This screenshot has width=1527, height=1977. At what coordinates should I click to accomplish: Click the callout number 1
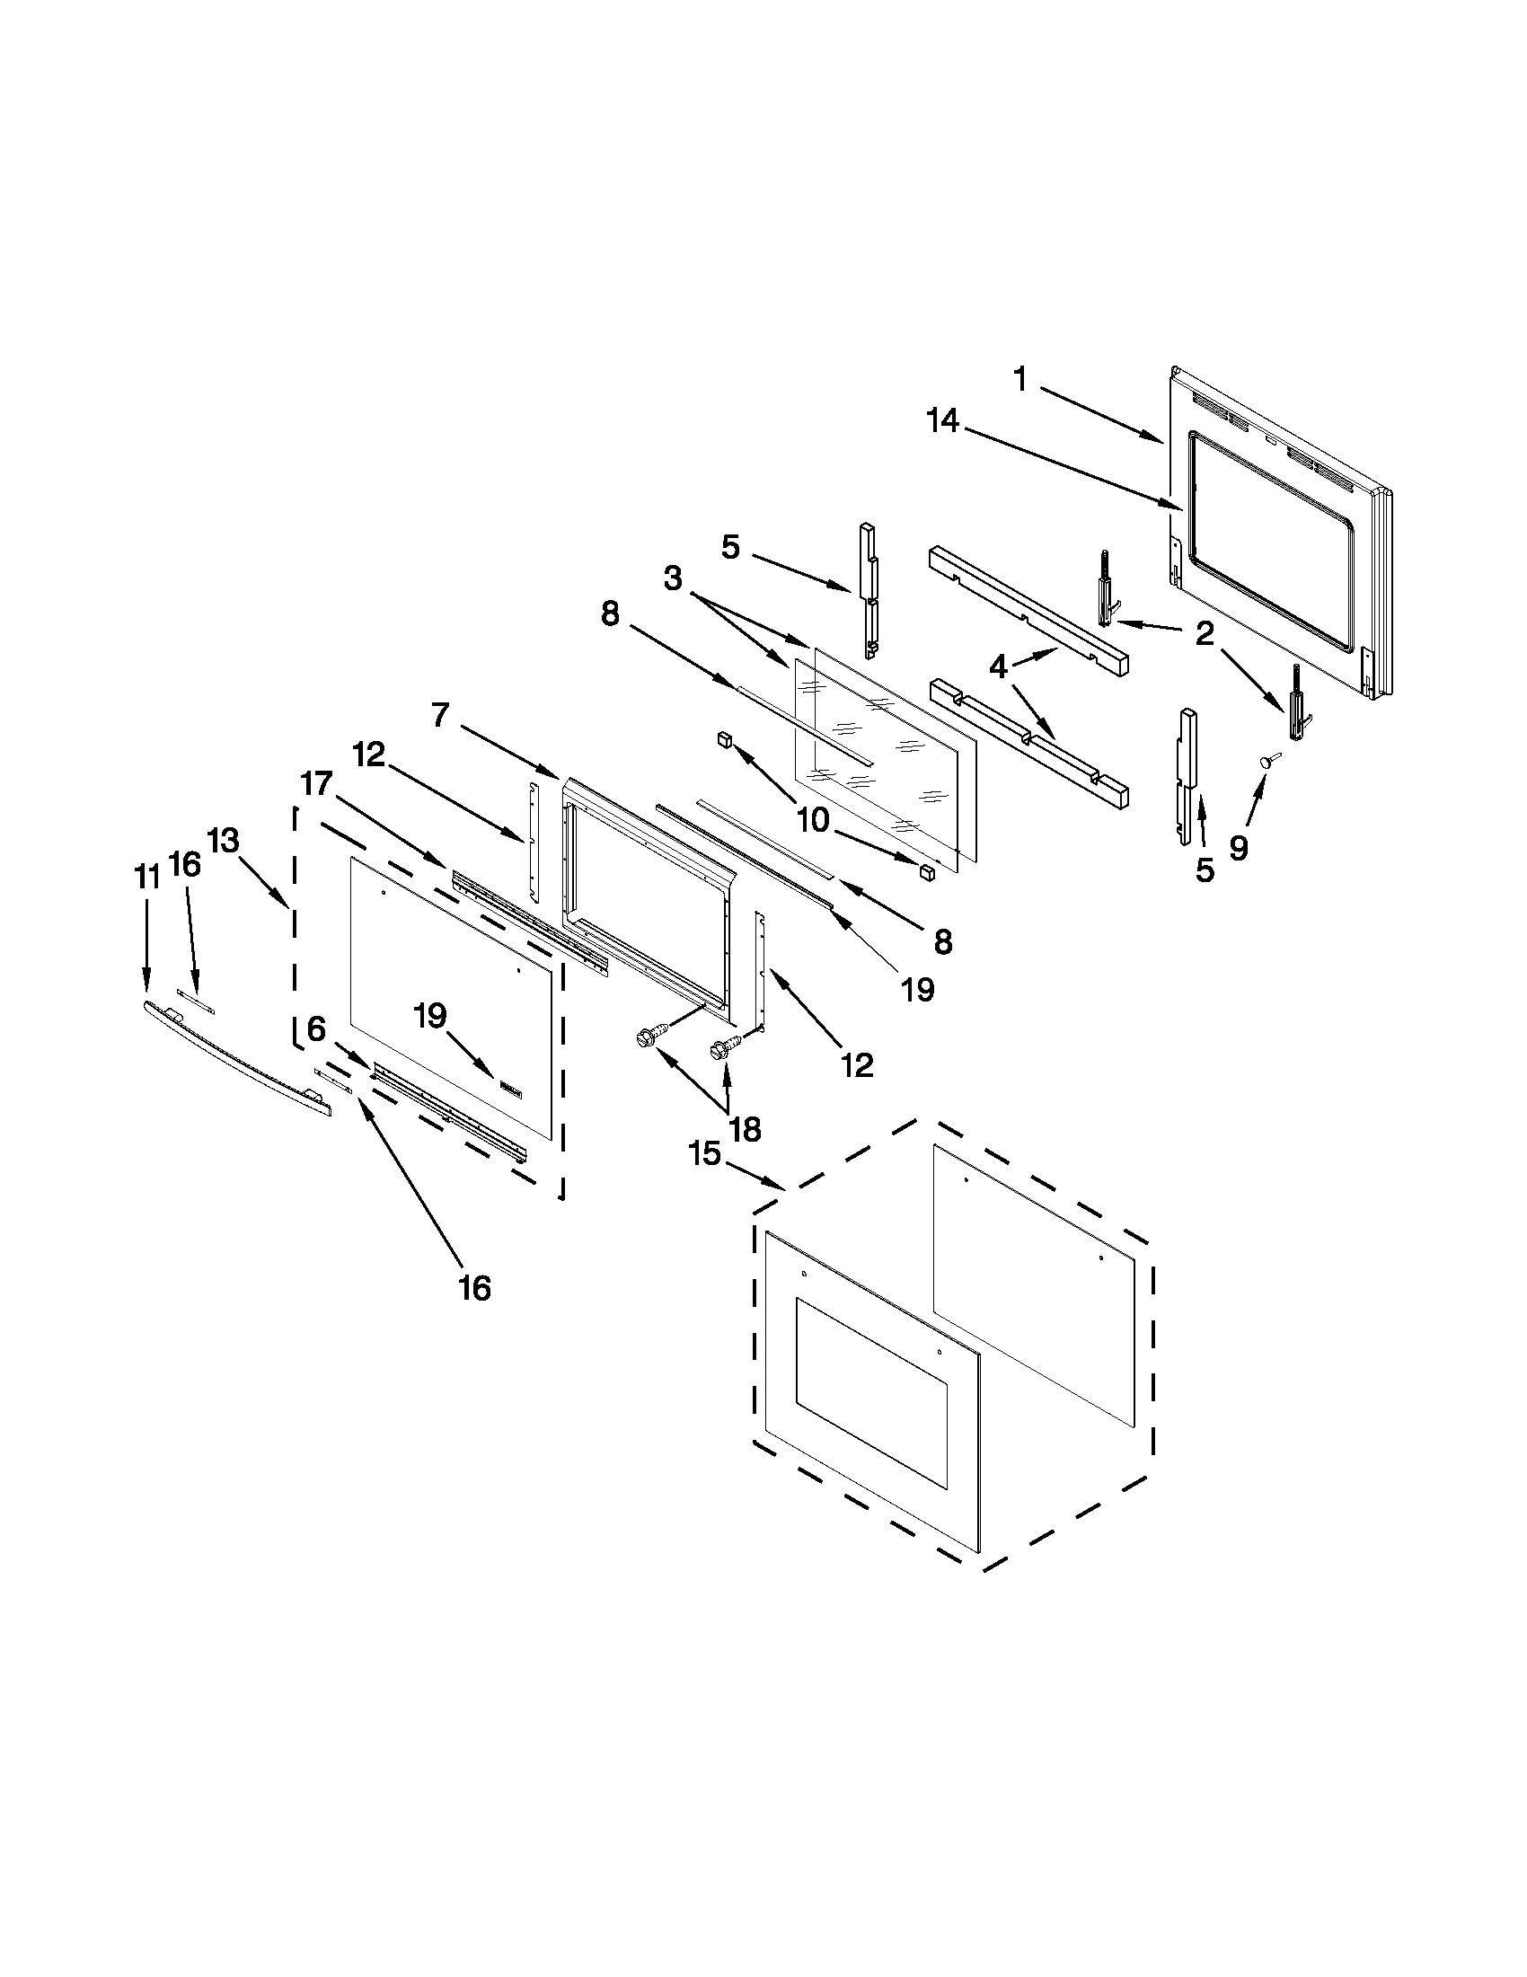pos(1020,380)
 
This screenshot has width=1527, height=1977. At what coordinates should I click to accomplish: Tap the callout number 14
pos(942,421)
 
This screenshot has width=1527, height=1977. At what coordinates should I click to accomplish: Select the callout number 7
pos(440,715)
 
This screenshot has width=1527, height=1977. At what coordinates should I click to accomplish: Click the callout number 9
pos(1239,847)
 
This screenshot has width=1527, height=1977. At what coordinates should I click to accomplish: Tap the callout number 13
pos(223,841)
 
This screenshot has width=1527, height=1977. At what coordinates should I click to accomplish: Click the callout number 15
pos(704,1154)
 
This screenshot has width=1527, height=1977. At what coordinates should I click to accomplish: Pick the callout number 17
pos(317,783)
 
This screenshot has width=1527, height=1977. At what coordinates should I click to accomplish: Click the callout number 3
pos(673,579)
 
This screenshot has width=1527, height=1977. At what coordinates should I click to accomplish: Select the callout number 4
pos(997,668)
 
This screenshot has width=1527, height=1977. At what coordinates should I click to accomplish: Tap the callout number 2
pos(1204,634)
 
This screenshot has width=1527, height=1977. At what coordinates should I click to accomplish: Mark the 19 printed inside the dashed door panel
pos(431,1017)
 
